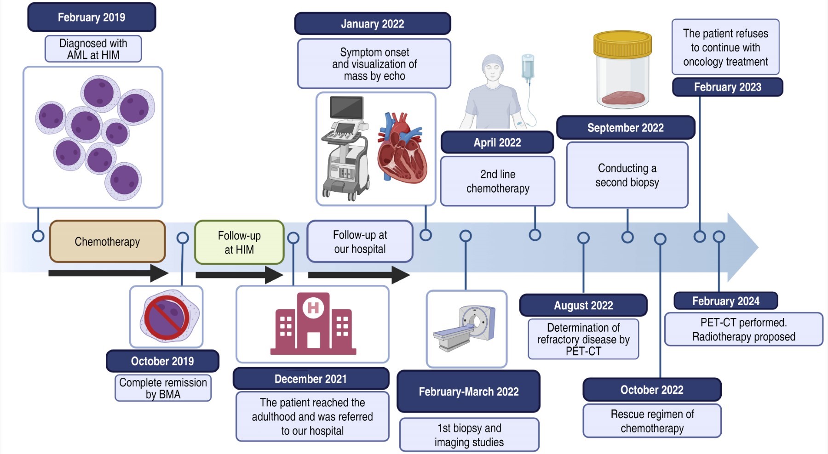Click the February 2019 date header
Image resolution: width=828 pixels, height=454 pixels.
[92, 17]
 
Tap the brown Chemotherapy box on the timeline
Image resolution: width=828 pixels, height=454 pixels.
[107, 242]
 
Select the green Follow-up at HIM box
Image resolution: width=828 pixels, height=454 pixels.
[239, 243]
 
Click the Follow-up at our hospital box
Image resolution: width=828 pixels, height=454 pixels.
[360, 242]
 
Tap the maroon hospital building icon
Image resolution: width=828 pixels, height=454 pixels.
[313, 324]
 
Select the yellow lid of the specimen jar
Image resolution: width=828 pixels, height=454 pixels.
[622, 44]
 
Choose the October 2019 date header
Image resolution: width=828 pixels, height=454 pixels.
[162, 361]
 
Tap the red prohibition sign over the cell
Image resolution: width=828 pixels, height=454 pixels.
[167, 317]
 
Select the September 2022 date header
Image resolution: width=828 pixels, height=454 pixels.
[626, 128]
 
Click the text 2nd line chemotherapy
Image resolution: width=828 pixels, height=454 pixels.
[498, 182]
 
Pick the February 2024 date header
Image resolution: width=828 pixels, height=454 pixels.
[726, 301]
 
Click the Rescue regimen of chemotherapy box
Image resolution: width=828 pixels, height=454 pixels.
[652, 421]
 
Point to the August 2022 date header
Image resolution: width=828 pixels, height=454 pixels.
[583, 306]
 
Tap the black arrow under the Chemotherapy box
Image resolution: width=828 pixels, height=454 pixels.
[108, 273]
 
